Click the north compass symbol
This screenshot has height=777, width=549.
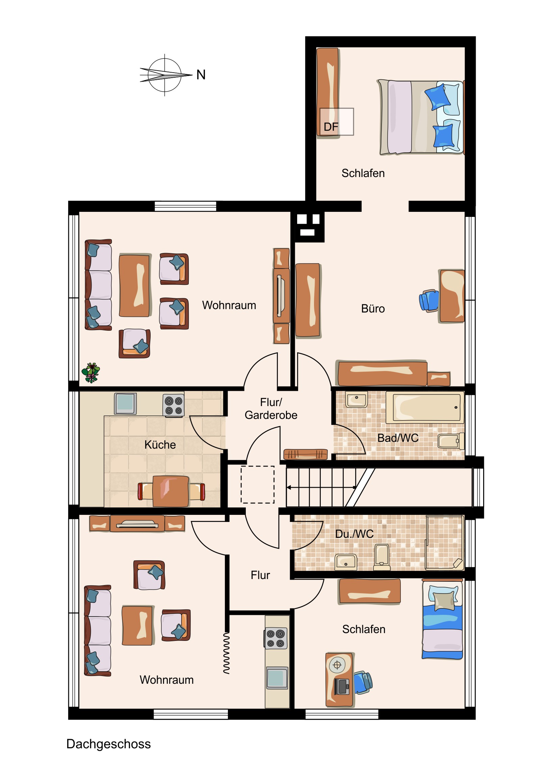(165, 75)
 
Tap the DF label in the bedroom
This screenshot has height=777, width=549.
(331, 127)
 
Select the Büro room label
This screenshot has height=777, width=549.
(373, 309)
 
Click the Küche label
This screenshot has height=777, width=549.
(160, 445)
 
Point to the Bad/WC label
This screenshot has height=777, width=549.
(398, 438)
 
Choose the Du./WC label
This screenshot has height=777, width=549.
(354, 534)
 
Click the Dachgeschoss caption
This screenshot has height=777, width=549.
(109, 744)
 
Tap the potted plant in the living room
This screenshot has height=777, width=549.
(90, 373)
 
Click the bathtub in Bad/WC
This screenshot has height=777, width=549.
(425, 407)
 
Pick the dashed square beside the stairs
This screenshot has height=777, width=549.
(257, 484)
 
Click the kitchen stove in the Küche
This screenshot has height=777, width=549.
(174, 405)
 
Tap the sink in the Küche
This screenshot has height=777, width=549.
(125, 403)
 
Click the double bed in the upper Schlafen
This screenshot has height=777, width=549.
(421, 117)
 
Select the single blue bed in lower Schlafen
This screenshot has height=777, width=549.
(442, 619)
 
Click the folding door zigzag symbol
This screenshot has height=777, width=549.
(226, 653)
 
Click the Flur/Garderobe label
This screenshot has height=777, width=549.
(271, 408)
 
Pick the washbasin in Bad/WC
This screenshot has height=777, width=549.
(357, 400)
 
